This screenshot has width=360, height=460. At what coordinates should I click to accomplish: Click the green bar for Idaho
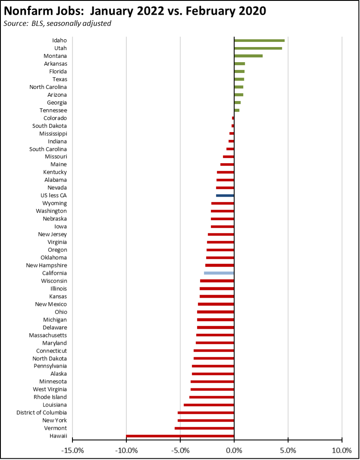(259, 41)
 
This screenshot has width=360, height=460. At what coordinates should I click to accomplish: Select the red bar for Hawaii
(180, 436)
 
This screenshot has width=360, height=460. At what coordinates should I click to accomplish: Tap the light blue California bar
(219, 273)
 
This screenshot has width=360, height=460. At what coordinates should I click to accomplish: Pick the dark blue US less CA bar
(225, 195)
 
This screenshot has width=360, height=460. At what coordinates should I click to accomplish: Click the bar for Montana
(248, 56)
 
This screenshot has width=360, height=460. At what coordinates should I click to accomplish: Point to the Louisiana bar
(209, 405)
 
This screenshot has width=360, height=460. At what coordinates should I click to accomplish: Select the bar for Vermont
(204, 428)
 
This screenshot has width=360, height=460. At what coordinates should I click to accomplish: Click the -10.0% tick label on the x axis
(126, 451)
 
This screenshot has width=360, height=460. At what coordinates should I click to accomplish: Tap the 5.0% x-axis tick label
(288, 451)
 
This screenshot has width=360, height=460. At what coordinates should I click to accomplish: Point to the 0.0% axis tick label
(234, 451)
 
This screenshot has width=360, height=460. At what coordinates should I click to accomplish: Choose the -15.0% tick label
(72, 451)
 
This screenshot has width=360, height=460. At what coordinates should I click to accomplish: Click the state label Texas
(59, 79)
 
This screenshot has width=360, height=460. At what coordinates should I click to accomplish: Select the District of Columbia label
(42, 413)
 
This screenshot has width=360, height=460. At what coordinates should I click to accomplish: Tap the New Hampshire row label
(47, 265)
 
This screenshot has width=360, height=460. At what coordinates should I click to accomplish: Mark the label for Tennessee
(55, 110)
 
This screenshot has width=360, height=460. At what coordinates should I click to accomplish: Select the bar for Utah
(258, 48)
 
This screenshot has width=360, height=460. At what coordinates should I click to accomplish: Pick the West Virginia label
(50, 389)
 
